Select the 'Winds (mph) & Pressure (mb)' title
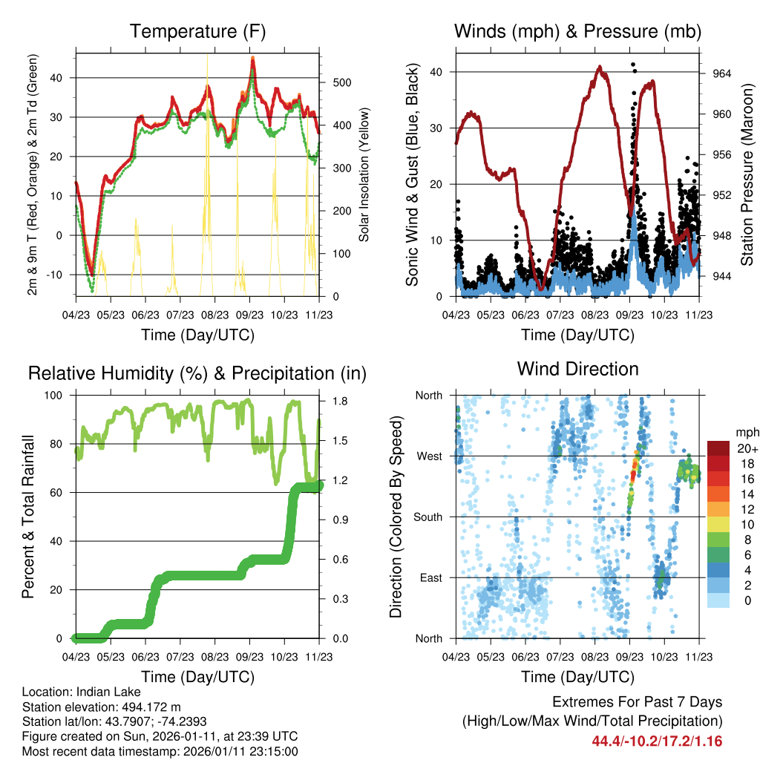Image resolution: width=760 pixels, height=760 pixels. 577,32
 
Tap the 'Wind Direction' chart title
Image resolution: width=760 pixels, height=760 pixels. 577,369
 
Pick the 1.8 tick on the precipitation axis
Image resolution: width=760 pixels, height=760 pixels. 332,402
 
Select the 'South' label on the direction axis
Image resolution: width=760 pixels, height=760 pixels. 427,517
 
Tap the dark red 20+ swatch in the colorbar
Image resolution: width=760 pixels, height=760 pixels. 717,448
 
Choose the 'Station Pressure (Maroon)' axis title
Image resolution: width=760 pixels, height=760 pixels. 747,174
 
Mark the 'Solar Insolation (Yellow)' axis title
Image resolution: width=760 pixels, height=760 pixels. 364,174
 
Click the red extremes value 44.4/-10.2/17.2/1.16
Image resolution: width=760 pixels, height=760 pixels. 657,741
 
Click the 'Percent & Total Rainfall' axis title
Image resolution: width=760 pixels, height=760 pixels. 29,517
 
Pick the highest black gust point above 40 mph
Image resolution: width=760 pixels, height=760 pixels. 633,65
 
